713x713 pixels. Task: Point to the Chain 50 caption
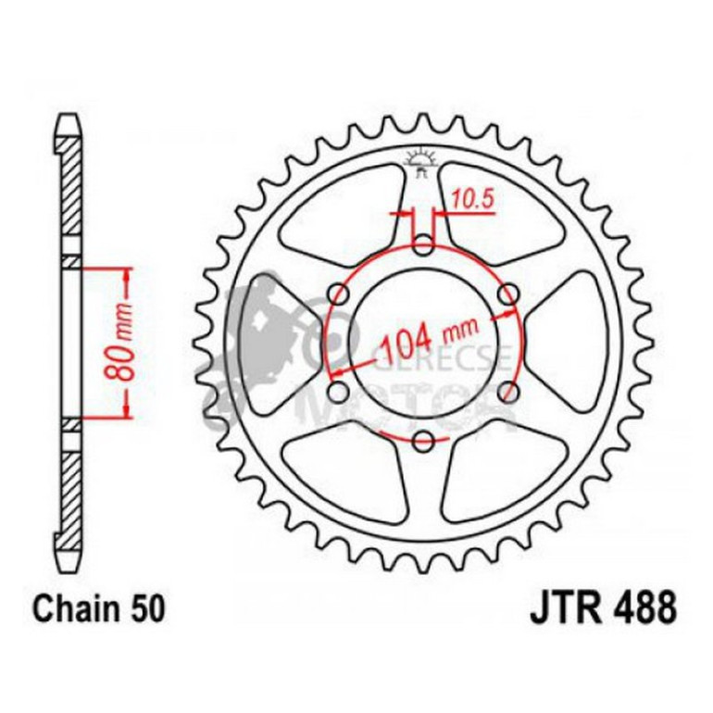click(100, 609)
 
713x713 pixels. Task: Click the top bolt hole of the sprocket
click(423, 244)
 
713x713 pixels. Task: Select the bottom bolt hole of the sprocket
click(423, 439)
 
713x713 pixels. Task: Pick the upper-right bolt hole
click(507, 294)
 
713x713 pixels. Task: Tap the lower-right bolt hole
click(507, 391)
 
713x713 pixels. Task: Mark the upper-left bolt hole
click(339, 294)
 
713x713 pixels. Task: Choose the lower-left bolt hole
click(339, 391)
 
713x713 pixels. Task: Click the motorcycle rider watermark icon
click(264, 343)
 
